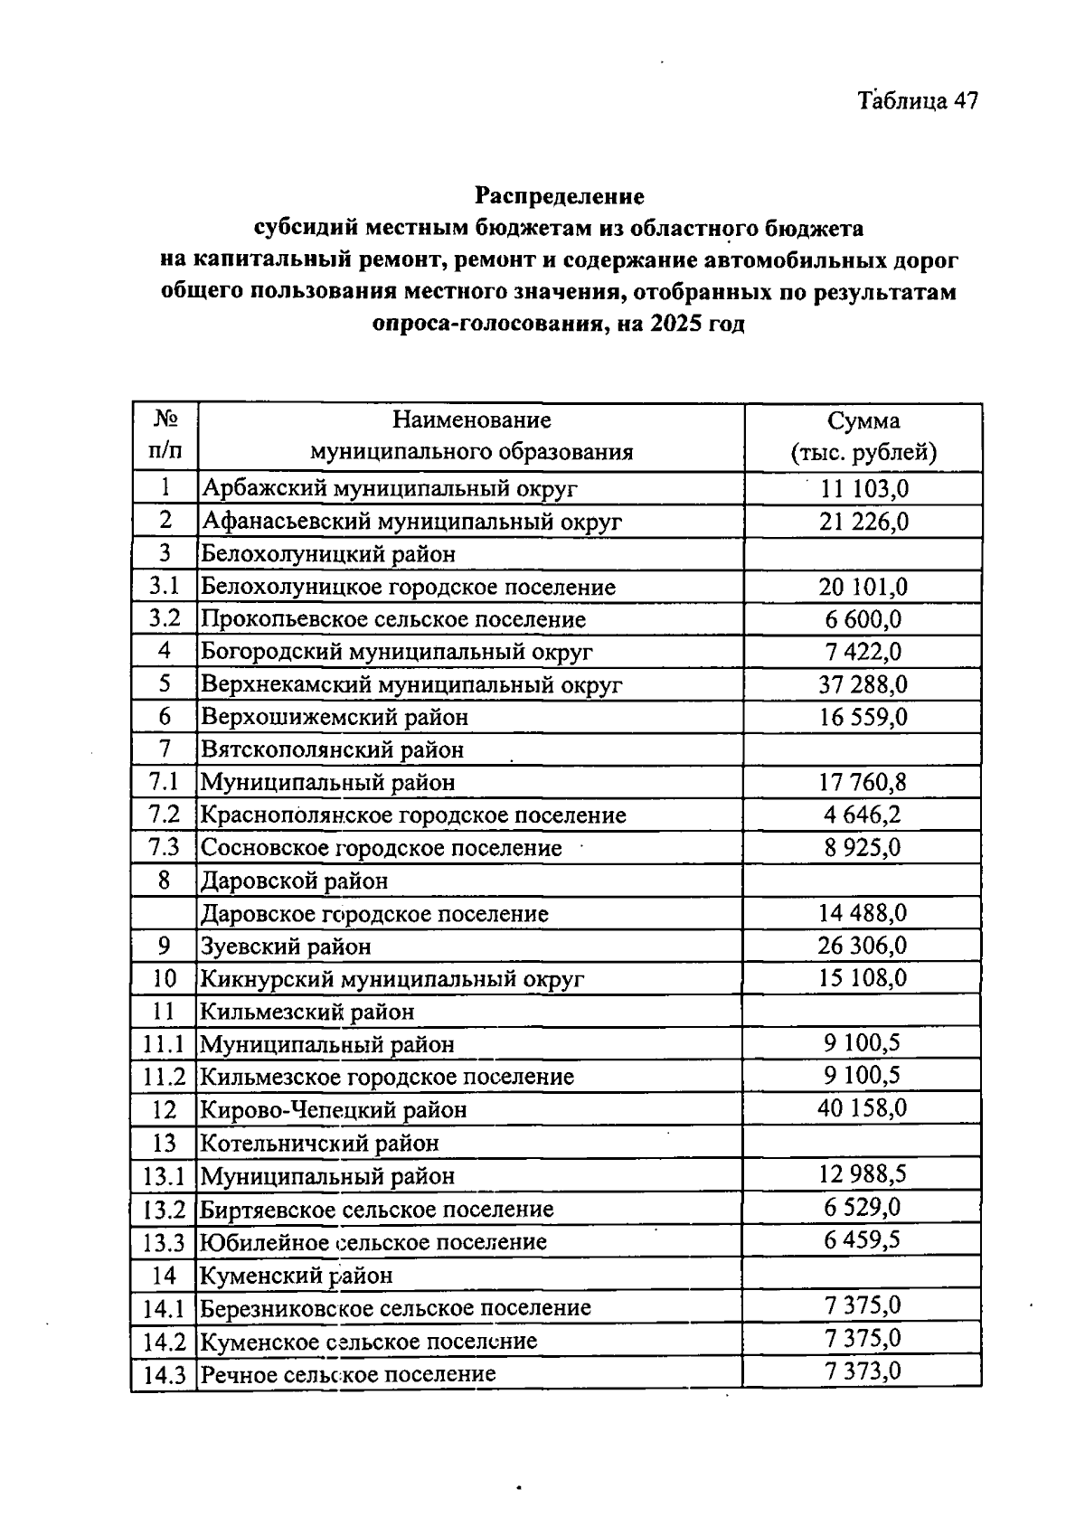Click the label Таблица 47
tap(919, 100)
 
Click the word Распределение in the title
tap(560, 195)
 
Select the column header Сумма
tap(863, 420)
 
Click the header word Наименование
tap(471, 419)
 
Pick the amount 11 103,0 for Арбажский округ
tap(863, 489)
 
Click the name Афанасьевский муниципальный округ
tap(411, 522)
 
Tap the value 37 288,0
tap(863, 684)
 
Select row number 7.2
tap(165, 815)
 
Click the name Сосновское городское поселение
tap(381, 848)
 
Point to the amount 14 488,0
tap(863, 913)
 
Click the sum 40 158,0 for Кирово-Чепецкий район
tap(863, 1108)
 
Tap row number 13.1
tap(164, 1176)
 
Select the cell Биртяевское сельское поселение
tap(376, 1209)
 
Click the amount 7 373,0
tap(863, 1371)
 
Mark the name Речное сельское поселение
tap(348, 1374)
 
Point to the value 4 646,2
tap(863, 815)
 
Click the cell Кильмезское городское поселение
tap(386, 1077)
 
